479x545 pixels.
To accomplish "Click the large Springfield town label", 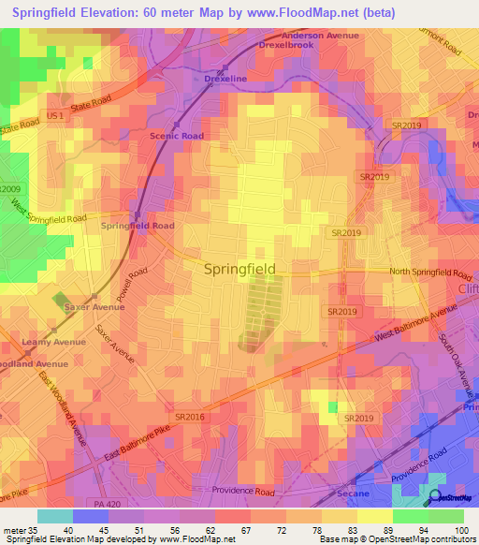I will tap(239, 269).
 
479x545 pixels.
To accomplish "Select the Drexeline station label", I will tap(225, 79).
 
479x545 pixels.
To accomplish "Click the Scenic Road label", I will tap(177, 136).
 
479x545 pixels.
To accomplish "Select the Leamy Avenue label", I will tap(53, 342).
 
